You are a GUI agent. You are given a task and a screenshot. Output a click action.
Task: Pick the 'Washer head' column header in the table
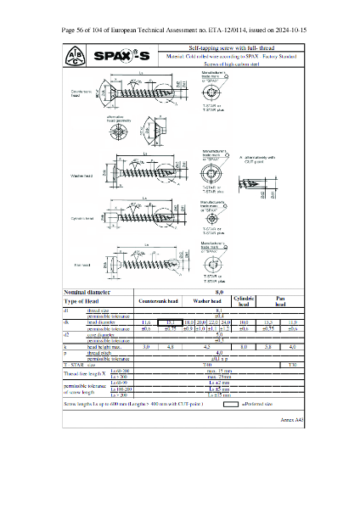point(206,301)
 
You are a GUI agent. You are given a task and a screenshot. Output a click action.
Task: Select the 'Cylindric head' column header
point(244,301)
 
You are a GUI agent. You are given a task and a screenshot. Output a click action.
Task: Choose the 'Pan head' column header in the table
point(280,301)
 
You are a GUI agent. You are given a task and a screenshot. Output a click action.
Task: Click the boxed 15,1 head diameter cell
point(169,322)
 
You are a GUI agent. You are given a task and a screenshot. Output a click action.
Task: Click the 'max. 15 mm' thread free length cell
point(220,370)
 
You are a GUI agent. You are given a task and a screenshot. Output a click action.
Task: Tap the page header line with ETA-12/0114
point(179,30)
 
